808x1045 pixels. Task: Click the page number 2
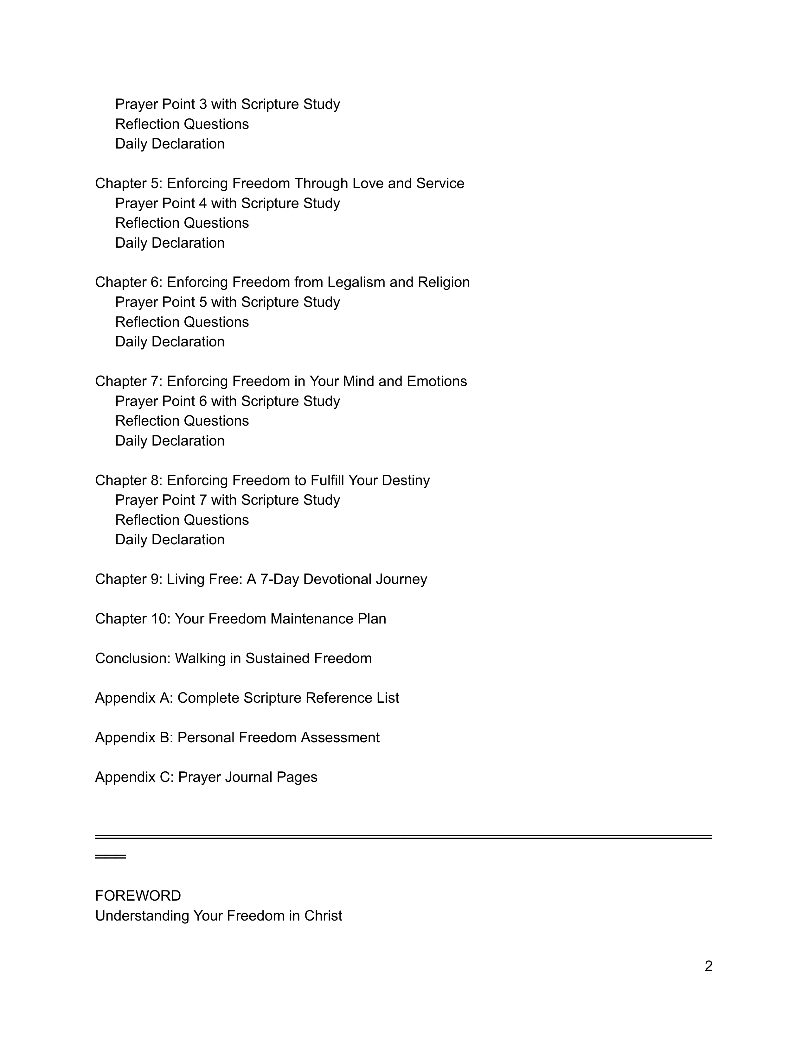pyautogui.click(x=709, y=966)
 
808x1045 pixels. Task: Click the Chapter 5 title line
pyautogui.click(x=279, y=183)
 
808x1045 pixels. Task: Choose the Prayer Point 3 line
pyautogui.click(x=228, y=104)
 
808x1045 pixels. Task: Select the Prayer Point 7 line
pyautogui.click(x=228, y=500)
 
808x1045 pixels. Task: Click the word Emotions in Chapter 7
pyautogui.click(x=437, y=381)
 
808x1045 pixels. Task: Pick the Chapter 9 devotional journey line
pyautogui.click(x=261, y=579)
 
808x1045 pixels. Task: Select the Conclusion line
pyautogui.click(x=233, y=658)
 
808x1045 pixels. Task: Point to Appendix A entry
pyautogui.click(x=247, y=698)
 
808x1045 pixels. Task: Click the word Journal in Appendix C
pyautogui.click(x=248, y=777)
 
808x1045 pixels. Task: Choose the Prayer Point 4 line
pyautogui.click(x=228, y=203)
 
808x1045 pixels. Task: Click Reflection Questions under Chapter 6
pyautogui.click(x=182, y=322)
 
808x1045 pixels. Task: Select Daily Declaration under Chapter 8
pyautogui.click(x=170, y=540)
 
